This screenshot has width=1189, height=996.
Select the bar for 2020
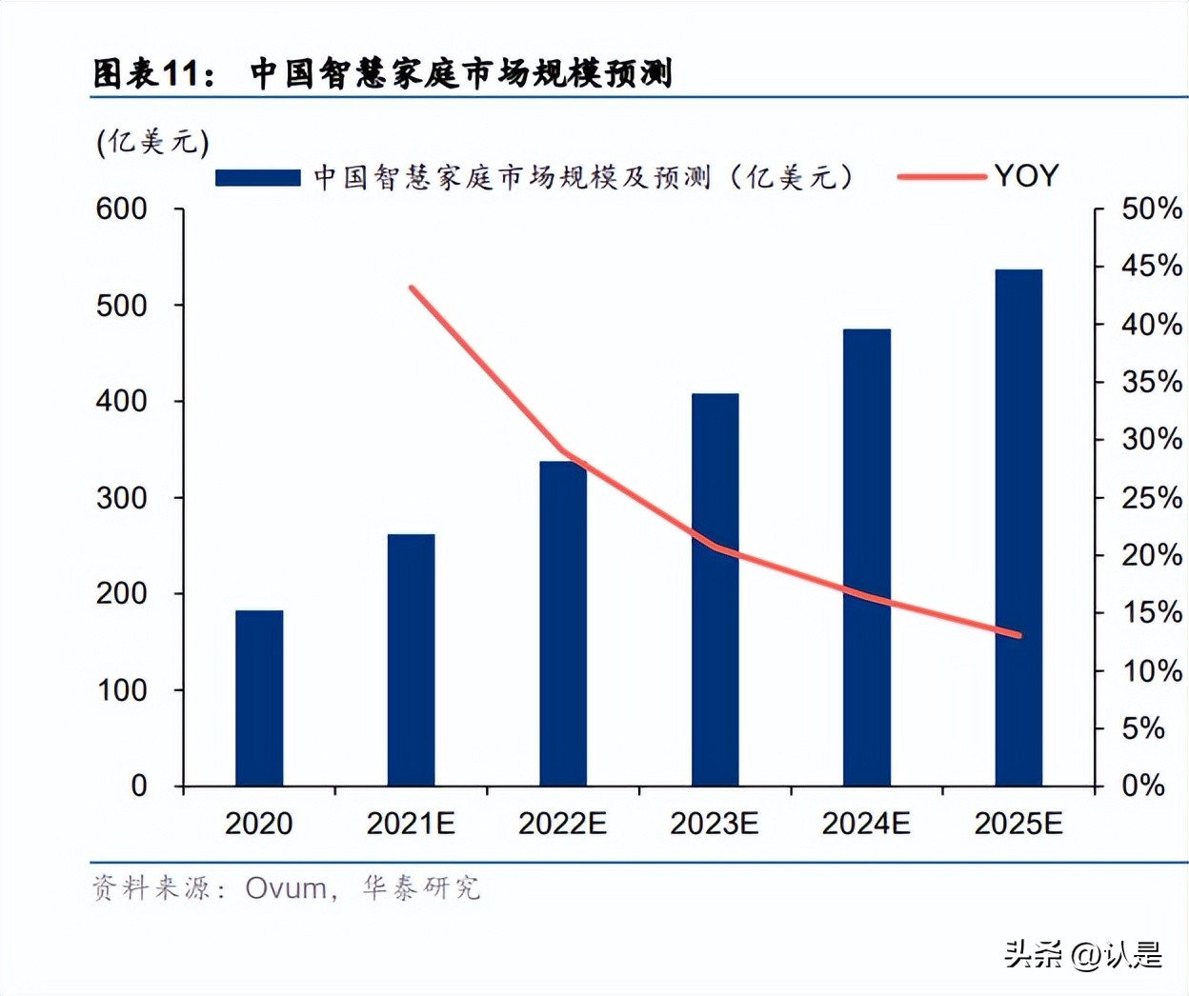coord(259,698)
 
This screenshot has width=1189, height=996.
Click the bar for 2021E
coord(411,660)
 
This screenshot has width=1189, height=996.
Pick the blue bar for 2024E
coord(866,557)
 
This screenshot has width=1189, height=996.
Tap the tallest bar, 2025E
coord(1018,528)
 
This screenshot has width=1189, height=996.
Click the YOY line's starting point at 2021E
coord(412,288)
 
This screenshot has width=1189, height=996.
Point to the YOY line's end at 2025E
coord(1018,635)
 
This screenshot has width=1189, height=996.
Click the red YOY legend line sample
coord(941,176)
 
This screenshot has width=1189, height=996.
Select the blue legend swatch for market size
coord(257,177)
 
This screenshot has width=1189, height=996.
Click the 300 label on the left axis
coord(121,498)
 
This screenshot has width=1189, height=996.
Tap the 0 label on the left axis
coord(138,786)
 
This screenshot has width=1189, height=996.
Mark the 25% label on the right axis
coord(1151,498)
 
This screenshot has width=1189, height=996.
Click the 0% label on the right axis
coord(1143,786)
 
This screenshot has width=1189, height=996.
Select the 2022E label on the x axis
coord(562,824)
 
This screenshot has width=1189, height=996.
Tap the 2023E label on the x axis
coord(715,824)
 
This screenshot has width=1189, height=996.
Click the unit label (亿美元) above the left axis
coord(152,143)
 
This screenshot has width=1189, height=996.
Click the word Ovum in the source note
coord(286,888)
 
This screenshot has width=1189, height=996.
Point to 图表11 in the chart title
coord(152,73)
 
